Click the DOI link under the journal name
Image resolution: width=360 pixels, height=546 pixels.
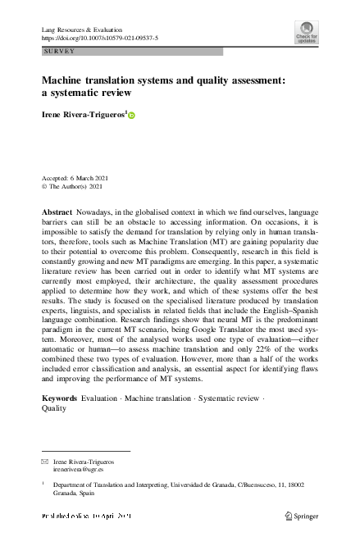click(x=99, y=38)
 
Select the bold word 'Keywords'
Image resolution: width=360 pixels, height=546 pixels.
click(x=61, y=398)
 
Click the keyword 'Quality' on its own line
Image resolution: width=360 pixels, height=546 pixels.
click(x=54, y=408)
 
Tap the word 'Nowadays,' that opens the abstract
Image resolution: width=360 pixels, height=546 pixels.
click(x=100, y=212)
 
